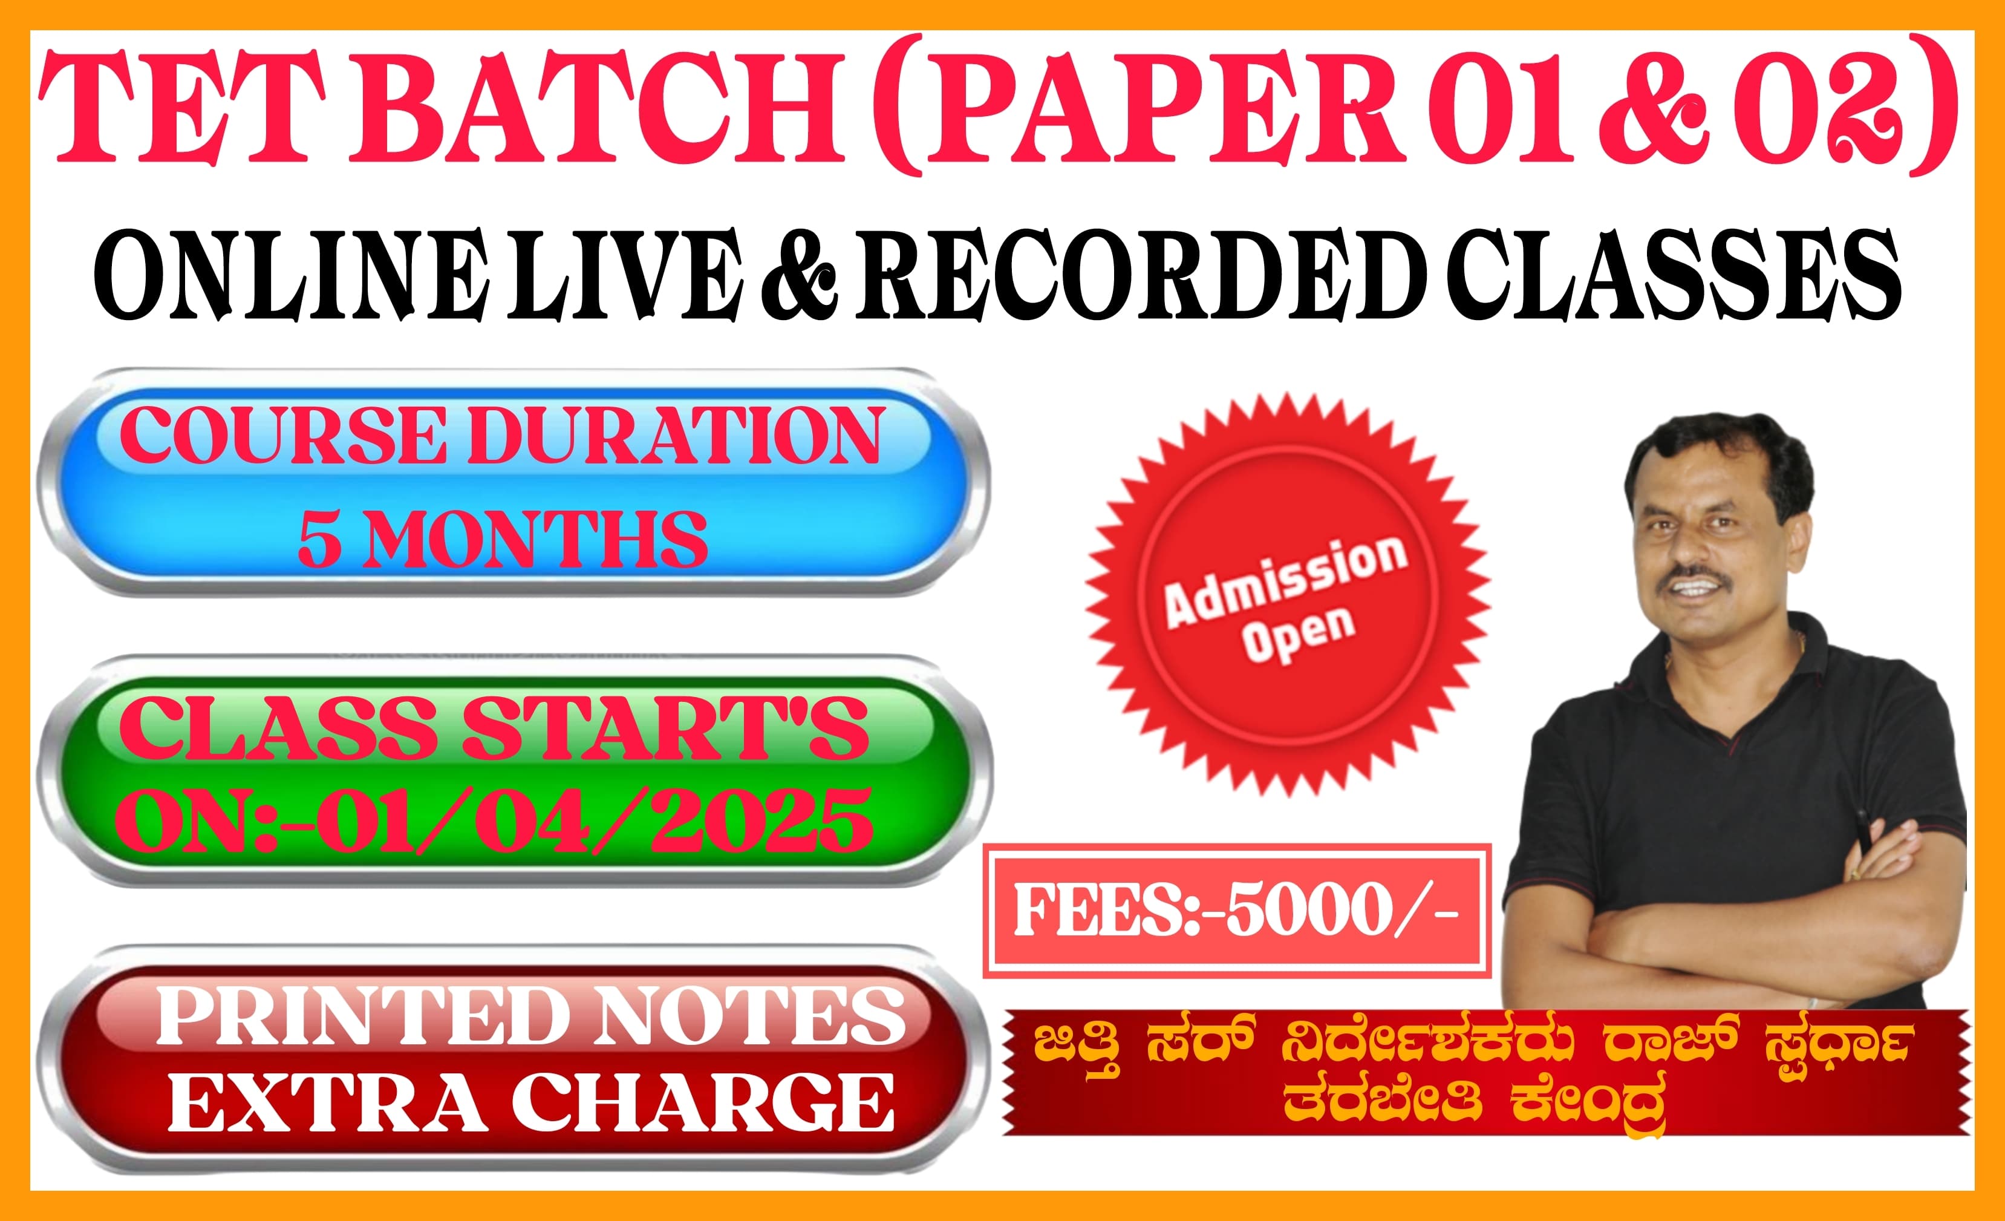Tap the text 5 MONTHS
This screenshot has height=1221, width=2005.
pos(503,539)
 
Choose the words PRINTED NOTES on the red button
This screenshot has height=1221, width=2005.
pos(530,1015)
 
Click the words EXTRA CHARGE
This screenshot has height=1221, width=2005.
pos(530,1102)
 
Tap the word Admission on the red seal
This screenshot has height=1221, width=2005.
pos(1286,580)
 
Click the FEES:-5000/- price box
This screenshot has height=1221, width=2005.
pos(1237,910)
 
